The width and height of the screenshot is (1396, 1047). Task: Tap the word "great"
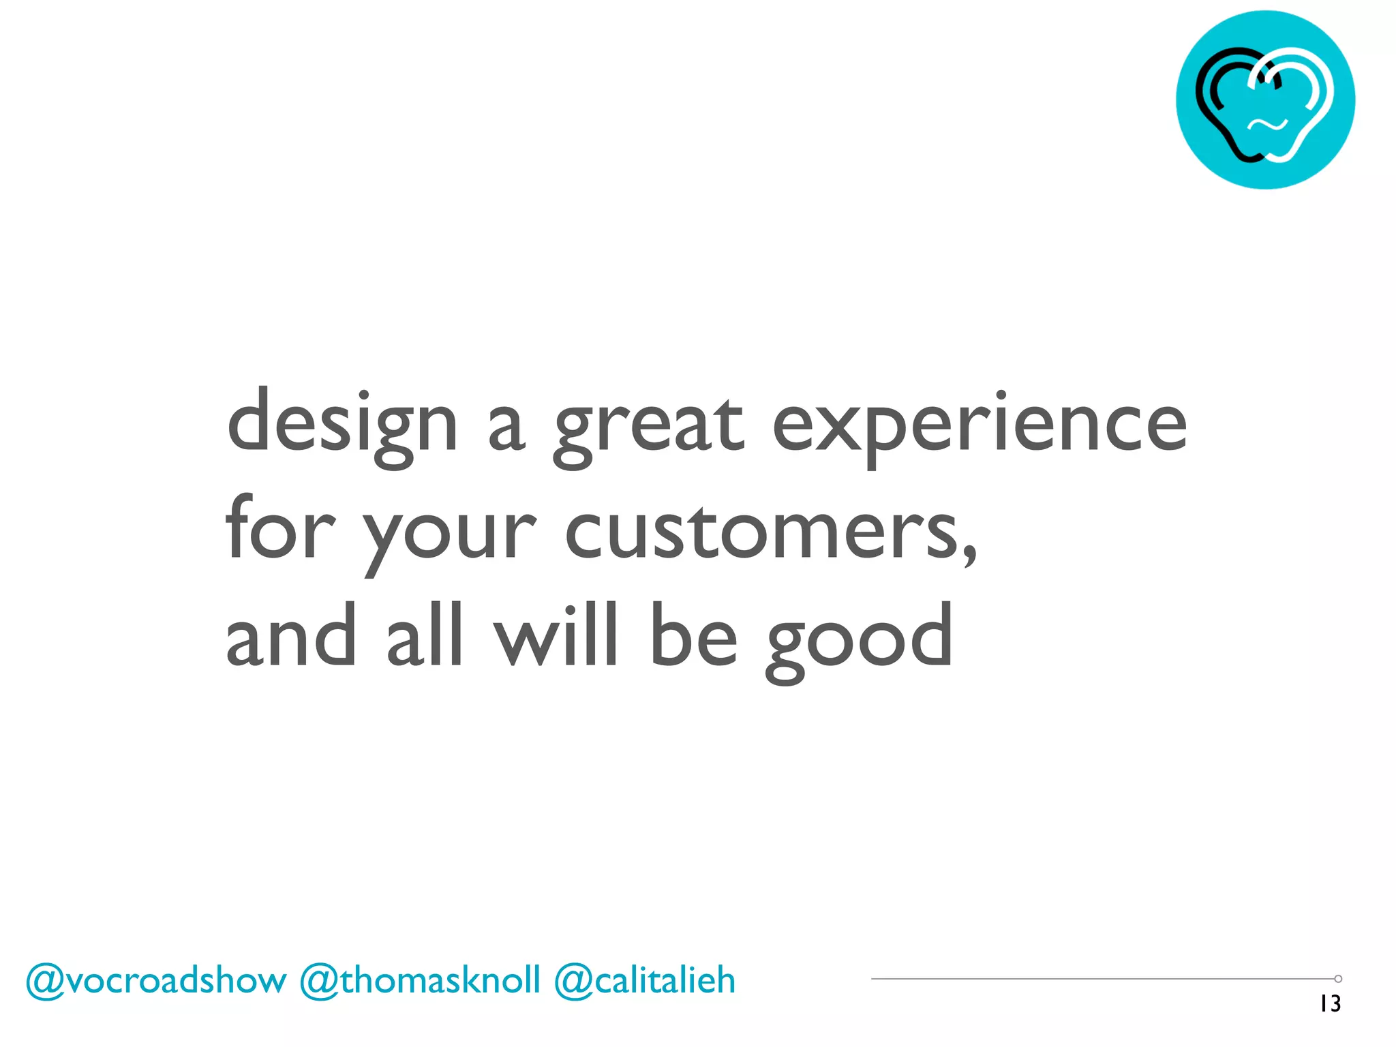click(648, 426)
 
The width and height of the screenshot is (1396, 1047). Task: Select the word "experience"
click(980, 426)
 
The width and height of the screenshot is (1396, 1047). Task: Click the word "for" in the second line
click(280, 528)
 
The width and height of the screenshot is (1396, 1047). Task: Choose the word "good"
click(859, 641)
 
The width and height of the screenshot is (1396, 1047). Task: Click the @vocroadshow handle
click(156, 981)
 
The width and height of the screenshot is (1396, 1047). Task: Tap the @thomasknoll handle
click(420, 981)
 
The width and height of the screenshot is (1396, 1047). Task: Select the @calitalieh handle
click(645, 981)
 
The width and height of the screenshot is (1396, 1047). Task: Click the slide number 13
click(1330, 1003)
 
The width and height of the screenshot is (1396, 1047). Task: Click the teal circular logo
click(1265, 100)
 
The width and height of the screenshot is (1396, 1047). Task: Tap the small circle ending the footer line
click(1338, 979)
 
